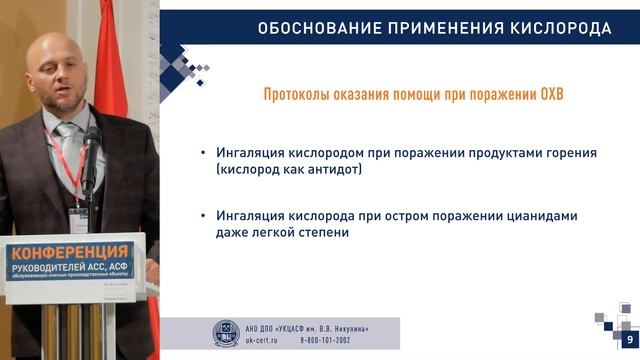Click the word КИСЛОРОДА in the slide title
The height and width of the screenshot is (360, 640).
tap(559, 28)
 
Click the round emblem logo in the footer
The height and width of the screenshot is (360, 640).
tap(226, 333)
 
